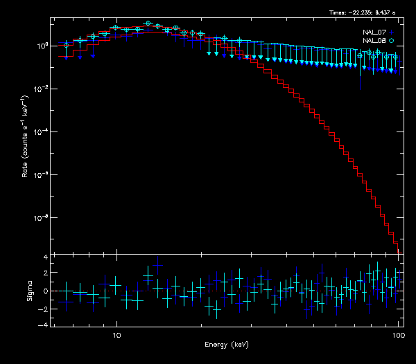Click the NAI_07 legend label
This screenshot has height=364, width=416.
(x=374, y=33)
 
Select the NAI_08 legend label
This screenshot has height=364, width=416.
(x=374, y=41)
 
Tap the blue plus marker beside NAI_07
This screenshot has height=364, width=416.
(x=392, y=33)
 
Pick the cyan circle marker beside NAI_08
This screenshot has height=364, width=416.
(x=392, y=41)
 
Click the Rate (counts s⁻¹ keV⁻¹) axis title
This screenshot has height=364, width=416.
(x=25, y=138)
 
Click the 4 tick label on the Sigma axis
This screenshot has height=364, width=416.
(x=44, y=257)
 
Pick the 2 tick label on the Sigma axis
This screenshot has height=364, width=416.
(x=44, y=274)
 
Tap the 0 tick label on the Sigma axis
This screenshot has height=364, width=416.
(x=44, y=291)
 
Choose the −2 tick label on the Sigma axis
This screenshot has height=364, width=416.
(x=43, y=308)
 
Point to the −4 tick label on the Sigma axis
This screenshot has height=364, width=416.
(x=43, y=325)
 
